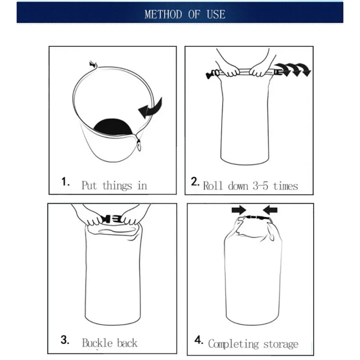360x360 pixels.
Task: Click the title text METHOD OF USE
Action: point(184,14)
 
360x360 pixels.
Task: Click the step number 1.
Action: point(66,182)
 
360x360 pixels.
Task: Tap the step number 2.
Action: point(195,182)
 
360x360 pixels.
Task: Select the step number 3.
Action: point(64,340)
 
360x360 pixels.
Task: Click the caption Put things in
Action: point(114,185)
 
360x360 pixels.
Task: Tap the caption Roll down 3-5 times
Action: point(251,185)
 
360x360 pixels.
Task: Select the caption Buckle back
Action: point(110,343)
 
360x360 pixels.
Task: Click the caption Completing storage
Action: point(253,344)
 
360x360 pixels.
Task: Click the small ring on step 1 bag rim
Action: point(139,145)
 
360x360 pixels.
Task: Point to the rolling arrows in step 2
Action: point(295,70)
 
